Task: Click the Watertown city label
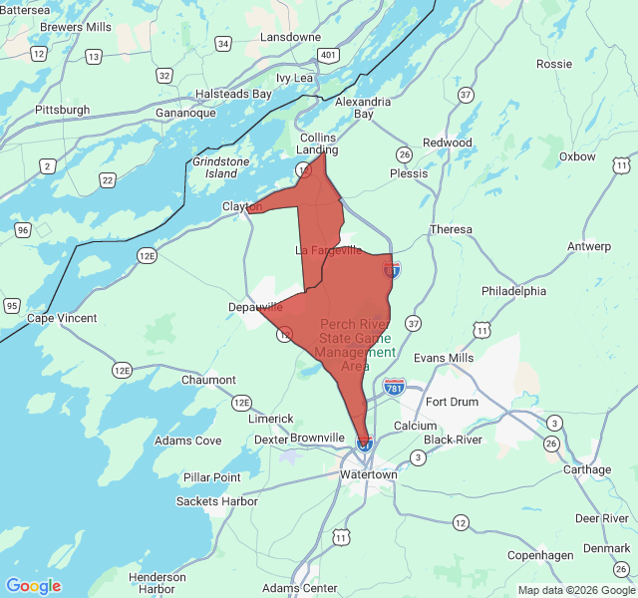coord(369,474)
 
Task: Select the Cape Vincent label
coord(62,318)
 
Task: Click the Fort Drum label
coord(452,402)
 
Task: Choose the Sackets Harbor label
coord(217,501)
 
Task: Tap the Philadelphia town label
coord(513,291)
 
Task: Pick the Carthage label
coord(587,469)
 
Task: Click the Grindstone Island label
coord(221,167)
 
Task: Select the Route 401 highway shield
coord(328,55)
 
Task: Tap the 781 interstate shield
coord(395,386)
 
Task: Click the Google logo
coord(33,586)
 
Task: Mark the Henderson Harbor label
coord(158,583)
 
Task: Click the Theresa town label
coord(451,229)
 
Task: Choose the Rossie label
coord(554,64)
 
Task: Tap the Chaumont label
coord(208,380)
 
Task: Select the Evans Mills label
coord(444,358)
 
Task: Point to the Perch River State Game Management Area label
coord(356,346)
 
